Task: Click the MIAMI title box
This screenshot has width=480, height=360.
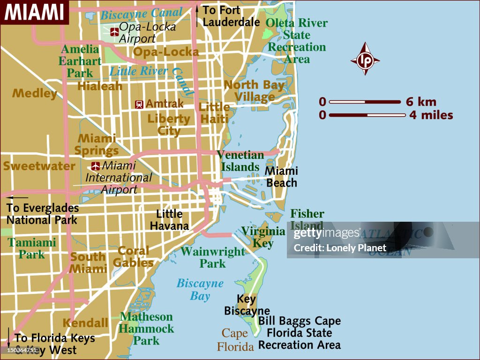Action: (x=34, y=12)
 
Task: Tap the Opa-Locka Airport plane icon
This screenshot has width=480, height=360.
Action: (x=114, y=32)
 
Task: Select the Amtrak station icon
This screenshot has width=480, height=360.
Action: (x=139, y=104)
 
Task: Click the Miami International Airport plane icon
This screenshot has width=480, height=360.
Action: (x=96, y=166)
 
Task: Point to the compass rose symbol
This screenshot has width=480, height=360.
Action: (x=365, y=59)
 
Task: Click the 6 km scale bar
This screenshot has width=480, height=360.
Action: (x=365, y=102)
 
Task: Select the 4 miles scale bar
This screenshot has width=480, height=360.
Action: (x=367, y=115)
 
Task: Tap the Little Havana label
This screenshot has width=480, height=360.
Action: (x=169, y=220)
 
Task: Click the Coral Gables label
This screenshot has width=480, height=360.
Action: (x=134, y=257)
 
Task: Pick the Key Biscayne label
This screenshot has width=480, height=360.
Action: (x=247, y=305)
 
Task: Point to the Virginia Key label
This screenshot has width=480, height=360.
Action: (x=263, y=237)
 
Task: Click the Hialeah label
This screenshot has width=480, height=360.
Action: (x=100, y=86)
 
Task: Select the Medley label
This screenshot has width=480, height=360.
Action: (x=35, y=93)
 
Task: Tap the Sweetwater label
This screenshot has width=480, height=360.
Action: (x=39, y=166)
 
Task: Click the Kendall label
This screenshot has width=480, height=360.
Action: (x=85, y=323)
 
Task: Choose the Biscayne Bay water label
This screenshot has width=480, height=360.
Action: (x=200, y=290)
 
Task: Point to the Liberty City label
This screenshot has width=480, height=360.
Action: (x=169, y=124)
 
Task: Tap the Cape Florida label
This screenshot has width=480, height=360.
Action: (x=235, y=340)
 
